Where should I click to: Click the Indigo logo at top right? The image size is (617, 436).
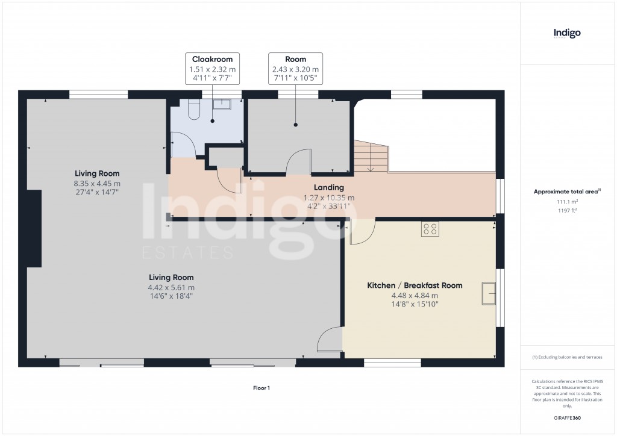click(x=567, y=34)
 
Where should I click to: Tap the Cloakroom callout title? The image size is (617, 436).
click(x=212, y=59)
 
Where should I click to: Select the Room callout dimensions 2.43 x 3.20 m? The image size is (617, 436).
click(x=295, y=69)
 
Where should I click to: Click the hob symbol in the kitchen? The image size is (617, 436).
click(x=430, y=228)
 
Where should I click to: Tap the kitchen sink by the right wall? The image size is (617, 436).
click(x=488, y=293)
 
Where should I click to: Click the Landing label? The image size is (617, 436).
click(x=328, y=188)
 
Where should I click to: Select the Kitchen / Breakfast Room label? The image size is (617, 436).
click(x=415, y=285)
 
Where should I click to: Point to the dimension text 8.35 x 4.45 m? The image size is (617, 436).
click(x=97, y=184)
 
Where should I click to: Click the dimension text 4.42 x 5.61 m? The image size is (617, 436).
click(x=172, y=287)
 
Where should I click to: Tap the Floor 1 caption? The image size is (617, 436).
click(x=262, y=388)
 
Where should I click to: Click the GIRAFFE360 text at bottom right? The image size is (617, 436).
click(x=567, y=418)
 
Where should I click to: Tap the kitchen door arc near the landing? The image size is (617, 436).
click(x=362, y=234)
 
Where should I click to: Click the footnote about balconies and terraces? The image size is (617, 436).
click(x=567, y=357)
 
